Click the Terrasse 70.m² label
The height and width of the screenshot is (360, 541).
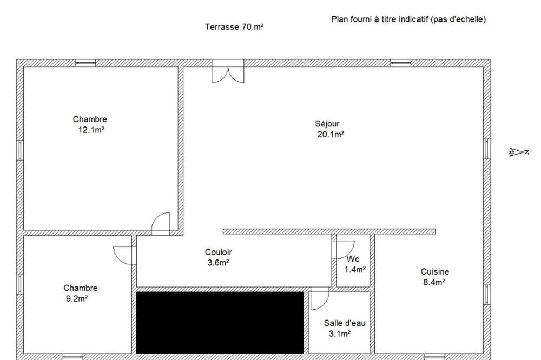tap(234, 27)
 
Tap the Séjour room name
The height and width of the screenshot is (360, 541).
tap(327, 123)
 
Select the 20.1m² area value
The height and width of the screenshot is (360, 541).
tap(331, 135)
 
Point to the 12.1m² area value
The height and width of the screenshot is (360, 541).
tap(91, 130)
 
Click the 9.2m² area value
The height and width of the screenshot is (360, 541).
tap(77, 298)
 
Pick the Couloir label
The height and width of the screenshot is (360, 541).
tap(219, 252)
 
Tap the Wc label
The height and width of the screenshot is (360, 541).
tap(353, 259)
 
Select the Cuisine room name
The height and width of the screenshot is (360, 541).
tap(435, 272)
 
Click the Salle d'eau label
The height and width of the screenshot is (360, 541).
tap(344, 323)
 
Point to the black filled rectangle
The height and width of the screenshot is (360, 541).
tap(220, 322)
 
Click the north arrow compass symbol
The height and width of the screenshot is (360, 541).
tap(519, 152)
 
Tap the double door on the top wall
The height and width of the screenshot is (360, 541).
tap(228, 71)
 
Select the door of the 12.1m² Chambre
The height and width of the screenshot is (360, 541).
tap(161, 224)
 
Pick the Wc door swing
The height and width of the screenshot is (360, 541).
tap(343, 250)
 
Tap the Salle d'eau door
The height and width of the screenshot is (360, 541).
tap(320, 298)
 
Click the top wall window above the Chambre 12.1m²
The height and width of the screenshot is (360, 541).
tap(85, 63)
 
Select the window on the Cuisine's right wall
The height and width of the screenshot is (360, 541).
tap(487, 295)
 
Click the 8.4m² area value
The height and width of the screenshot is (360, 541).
tap(434, 282)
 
